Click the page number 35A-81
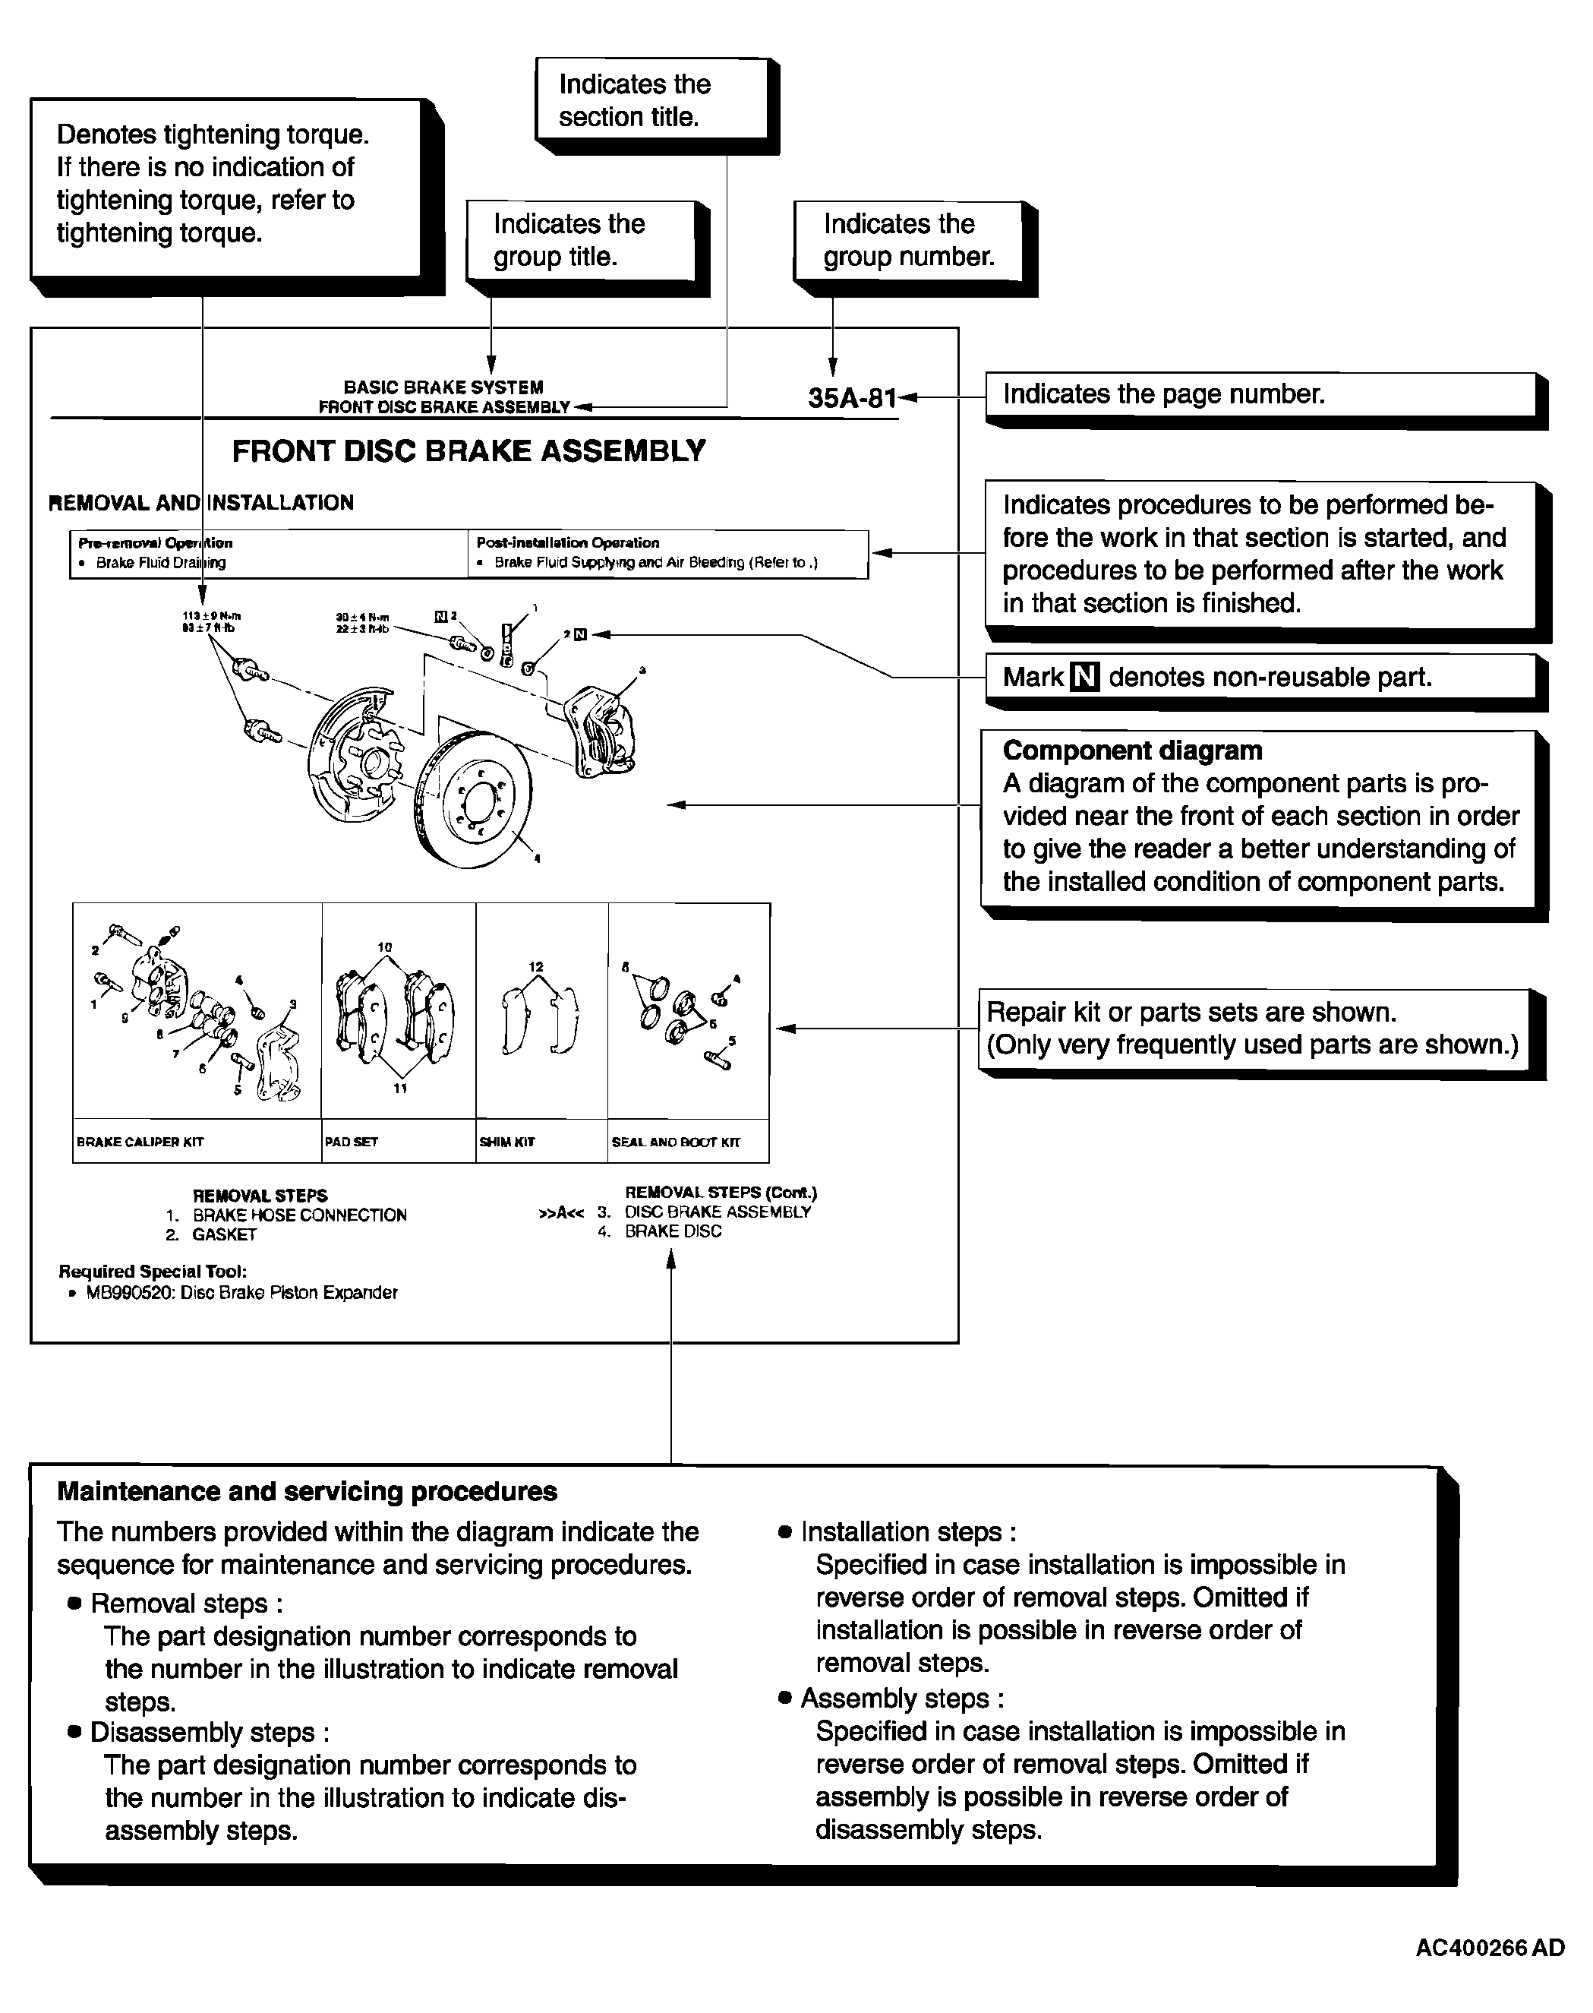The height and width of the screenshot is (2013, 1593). [x=851, y=398]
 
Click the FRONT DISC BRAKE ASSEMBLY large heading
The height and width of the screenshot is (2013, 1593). [x=468, y=451]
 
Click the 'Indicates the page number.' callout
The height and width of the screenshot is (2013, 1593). [x=1163, y=394]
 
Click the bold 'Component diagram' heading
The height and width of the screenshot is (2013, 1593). [x=1131, y=751]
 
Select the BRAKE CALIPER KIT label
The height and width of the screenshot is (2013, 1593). [x=140, y=1142]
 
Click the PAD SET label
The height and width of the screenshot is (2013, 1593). [x=351, y=1142]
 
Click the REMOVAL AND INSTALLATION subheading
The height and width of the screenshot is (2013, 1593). [x=200, y=503]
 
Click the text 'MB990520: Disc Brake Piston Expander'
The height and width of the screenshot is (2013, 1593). [x=241, y=1293]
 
